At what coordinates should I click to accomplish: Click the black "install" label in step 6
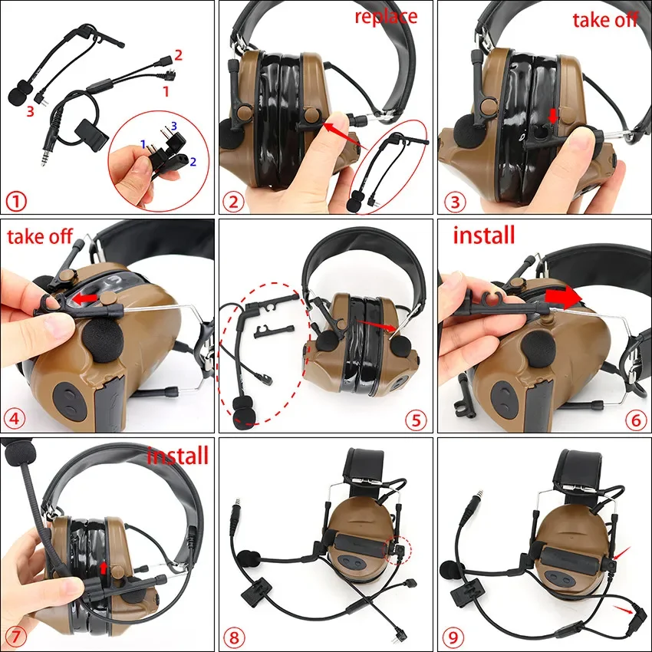coord(484,235)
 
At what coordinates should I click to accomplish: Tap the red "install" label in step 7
coord(177,456)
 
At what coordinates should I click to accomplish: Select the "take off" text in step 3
coord(605,20)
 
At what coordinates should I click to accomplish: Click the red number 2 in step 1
coord(178,54)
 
